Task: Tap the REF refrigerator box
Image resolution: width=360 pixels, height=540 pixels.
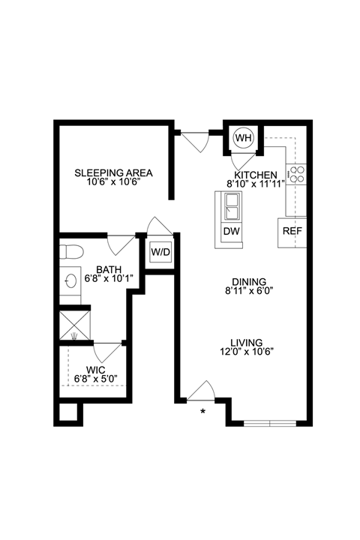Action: tap(292, 231)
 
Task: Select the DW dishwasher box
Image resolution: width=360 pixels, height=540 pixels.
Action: tap(231, 231)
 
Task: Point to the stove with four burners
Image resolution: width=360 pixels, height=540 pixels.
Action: tap(297, 175)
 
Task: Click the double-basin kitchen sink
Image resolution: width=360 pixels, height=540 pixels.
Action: tap(229, 203)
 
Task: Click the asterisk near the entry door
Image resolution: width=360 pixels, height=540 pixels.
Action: tap(202, 412)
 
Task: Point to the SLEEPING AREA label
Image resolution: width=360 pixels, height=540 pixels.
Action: tap(108, 173)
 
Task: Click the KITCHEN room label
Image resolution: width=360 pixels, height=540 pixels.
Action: tap(256, 175)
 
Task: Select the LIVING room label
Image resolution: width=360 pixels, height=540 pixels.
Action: tap(245, 342)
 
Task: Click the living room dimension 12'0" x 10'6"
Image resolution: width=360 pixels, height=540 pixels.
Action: tap(245, 352)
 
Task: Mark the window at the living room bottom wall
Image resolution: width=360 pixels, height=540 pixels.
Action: tap(272, 423)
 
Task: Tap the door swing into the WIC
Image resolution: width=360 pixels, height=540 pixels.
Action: tap(108, 351)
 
